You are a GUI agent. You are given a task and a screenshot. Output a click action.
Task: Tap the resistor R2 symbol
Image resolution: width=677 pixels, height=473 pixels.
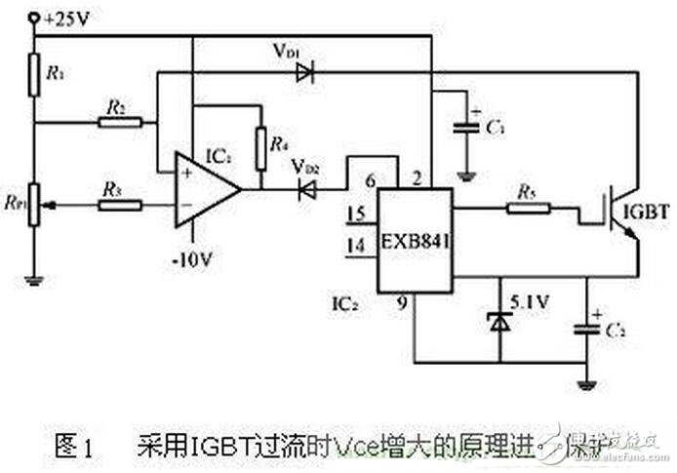(120, 123)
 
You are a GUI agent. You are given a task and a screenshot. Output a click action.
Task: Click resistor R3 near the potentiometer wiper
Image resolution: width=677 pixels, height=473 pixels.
(120, 205)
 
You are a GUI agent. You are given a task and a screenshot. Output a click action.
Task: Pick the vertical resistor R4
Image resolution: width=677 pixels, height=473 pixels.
(260, 145)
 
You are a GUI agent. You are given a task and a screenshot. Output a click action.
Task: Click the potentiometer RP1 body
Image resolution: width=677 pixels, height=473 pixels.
(35, 204)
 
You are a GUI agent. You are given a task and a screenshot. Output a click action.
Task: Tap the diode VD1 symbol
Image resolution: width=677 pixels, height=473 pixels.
(305, 72)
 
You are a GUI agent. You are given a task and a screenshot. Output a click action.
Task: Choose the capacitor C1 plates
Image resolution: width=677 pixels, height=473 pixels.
(466, 128)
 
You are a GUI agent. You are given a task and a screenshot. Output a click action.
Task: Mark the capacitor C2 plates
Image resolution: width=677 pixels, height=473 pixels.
(587, 327)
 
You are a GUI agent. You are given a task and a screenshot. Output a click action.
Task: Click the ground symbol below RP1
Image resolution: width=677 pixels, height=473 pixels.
(35, 281)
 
